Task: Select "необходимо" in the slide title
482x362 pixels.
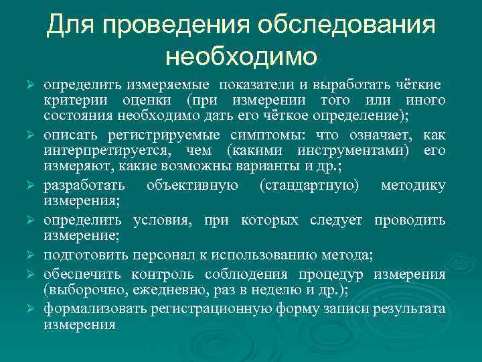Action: coord(241,56)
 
